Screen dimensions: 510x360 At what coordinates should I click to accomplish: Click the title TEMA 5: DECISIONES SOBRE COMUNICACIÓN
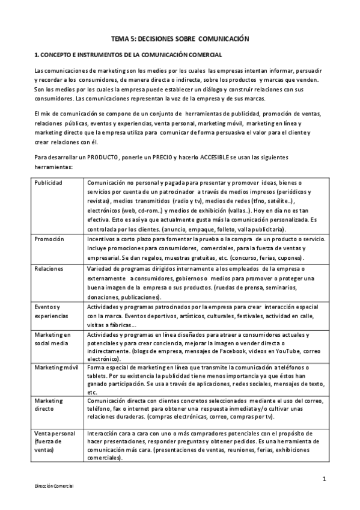click(180, 38)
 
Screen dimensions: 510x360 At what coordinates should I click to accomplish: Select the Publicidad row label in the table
click(49, 182)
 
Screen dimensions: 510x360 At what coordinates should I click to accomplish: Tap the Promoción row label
click(49, 239)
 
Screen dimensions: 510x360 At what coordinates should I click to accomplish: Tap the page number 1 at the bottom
click(323, 479)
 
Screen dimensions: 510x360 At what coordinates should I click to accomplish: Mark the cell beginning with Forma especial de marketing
click(206, 379)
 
